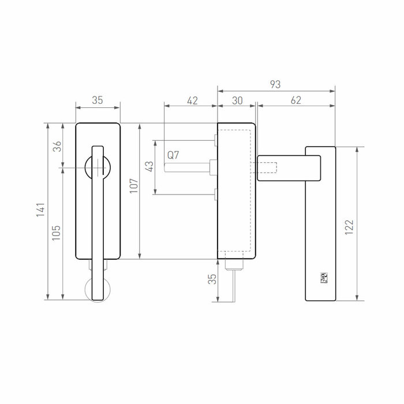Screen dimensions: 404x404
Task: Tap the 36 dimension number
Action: pyautogui.click(x=56, y=146)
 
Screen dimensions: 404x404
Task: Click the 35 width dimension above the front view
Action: pyautogui.click(x=98, y=100)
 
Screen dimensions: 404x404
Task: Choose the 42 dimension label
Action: pyautogui.click(x=192, y=100)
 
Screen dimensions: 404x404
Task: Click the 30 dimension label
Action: pyautogui.click(x=237, y=100)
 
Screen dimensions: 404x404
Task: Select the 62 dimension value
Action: pyautogui.click(x=295, y=100)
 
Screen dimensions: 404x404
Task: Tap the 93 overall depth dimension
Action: pyautogui.click(x=275, y=84)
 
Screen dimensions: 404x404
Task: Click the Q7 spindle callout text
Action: pyautogui.click(x=173, y=155)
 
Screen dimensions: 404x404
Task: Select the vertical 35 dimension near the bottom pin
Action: pyautogui.click(x=212, y=279)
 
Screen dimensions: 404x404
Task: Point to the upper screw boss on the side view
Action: pyautogui.click(x=215, y=140)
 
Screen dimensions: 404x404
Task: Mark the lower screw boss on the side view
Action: pyautogui.click(x=215, y=195)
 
